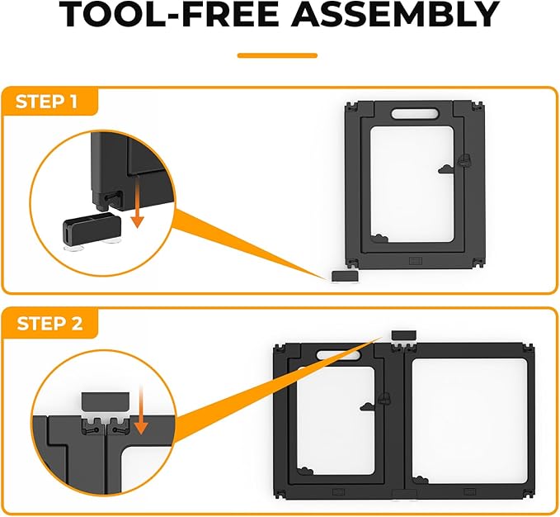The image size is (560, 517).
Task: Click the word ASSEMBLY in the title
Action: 395,14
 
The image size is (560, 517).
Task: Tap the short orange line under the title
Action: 277,55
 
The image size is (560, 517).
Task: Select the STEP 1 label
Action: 46,102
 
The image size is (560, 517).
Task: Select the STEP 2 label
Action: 49,324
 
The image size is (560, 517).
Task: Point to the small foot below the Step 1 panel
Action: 345,276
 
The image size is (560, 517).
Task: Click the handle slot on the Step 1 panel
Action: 415,114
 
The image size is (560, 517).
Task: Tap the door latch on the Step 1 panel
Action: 464,160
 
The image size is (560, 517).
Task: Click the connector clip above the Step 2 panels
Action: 404,335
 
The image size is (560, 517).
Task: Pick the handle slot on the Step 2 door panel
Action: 339,355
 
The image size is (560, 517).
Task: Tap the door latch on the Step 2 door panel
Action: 384,398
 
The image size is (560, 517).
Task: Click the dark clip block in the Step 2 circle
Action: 106,401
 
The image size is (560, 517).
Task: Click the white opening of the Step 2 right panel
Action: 469,421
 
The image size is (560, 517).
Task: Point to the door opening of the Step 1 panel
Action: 412,184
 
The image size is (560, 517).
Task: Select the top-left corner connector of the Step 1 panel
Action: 352,107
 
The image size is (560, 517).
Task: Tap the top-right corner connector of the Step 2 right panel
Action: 528,349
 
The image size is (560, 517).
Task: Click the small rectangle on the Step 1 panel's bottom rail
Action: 416,261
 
